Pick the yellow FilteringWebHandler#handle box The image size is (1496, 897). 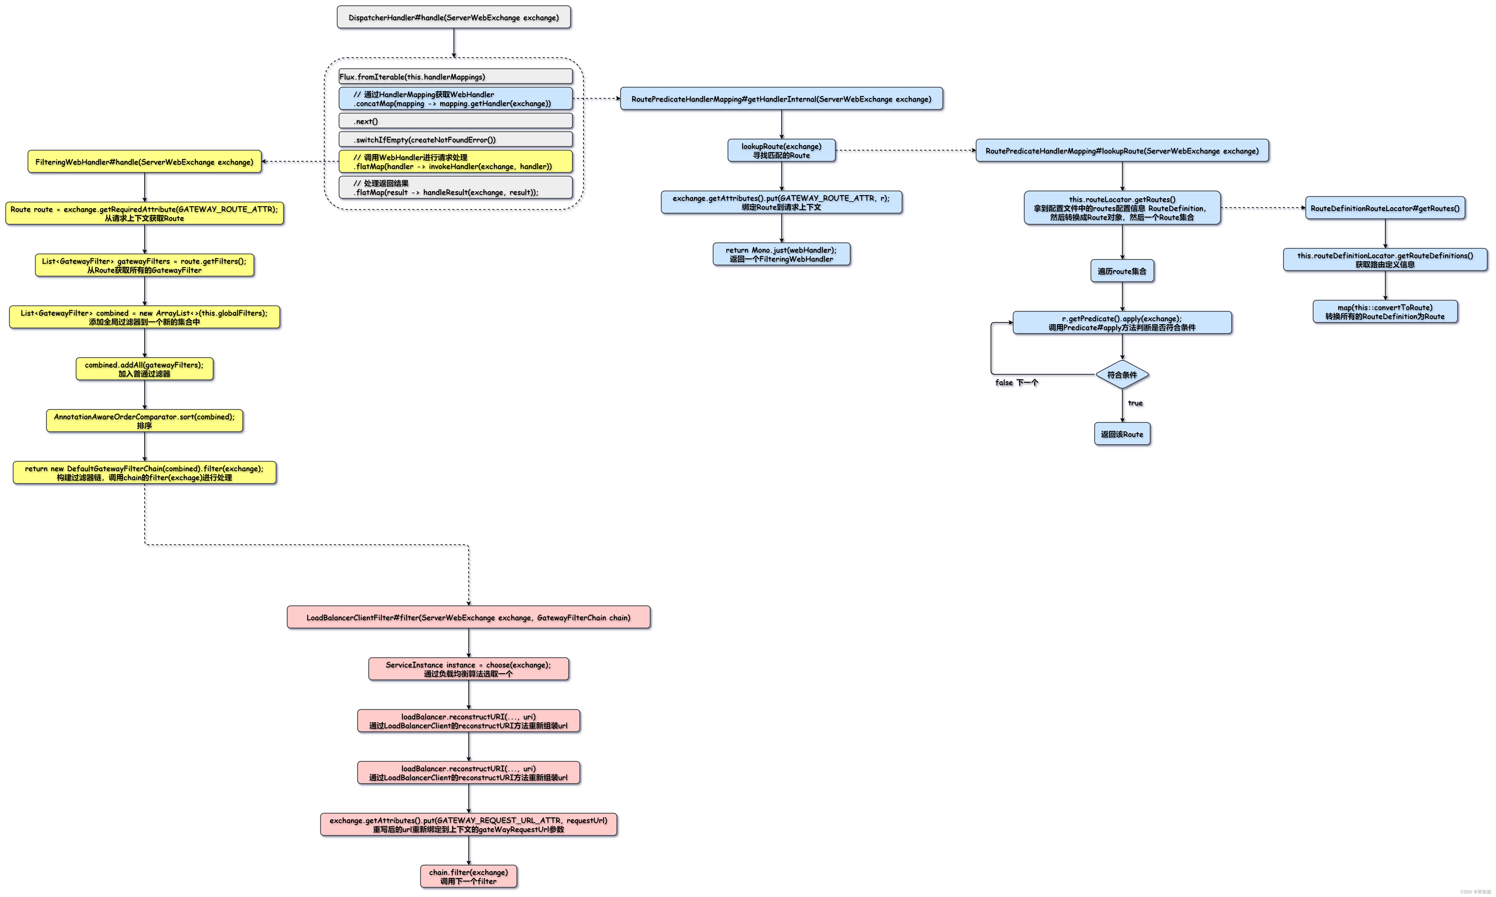point(144,162)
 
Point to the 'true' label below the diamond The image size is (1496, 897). point(1135,403)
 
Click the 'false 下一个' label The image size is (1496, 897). point(1016,383)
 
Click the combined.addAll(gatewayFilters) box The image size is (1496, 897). point(144,369)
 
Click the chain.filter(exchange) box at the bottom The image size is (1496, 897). point(468,876)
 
